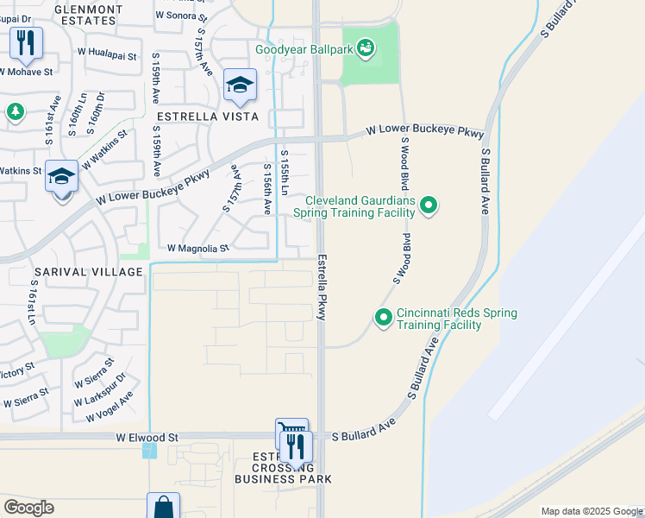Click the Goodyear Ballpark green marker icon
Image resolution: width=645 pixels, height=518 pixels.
tap(366, 48)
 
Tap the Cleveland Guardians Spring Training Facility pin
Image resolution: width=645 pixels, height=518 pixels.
tap(429, 205)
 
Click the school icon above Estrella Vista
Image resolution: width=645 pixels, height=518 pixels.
tap(240, 85)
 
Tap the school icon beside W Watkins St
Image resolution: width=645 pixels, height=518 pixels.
tap(62, 177)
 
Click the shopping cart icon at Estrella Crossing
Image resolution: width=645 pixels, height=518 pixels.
tap(290, 431)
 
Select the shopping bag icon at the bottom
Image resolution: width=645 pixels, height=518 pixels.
tap(163, 507)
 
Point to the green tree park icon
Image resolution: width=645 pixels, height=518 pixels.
tap(15, 111)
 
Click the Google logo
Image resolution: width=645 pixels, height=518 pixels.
tap(28, 508)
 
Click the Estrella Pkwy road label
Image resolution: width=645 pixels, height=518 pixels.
tap(322, 287)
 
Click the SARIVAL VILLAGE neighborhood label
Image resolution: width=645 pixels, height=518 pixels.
tap(88, 272)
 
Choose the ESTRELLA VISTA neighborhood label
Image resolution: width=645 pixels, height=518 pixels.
tap(207, 116)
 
